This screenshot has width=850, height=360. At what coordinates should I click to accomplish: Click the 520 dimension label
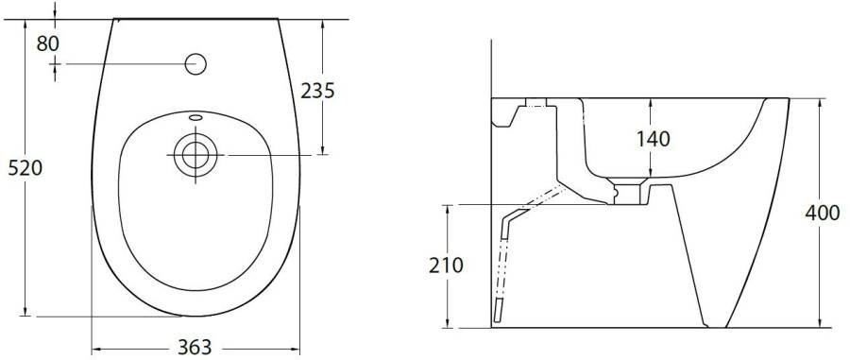pos(25,168)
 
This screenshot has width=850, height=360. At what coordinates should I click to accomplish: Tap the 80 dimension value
pos(48,43)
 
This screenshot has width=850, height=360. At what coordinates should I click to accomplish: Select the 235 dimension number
pos(317,91)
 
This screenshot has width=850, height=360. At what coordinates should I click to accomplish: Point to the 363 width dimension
pos(195,347)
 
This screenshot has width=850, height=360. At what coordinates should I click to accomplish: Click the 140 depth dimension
pos(653,139)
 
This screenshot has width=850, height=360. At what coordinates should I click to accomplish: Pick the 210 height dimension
pos(446,266)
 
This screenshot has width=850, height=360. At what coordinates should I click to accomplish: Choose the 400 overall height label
pos(823,213)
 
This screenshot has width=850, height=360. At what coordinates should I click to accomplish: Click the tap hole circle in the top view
pos(195,64)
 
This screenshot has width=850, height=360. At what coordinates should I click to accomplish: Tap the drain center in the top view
pos(195,155)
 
